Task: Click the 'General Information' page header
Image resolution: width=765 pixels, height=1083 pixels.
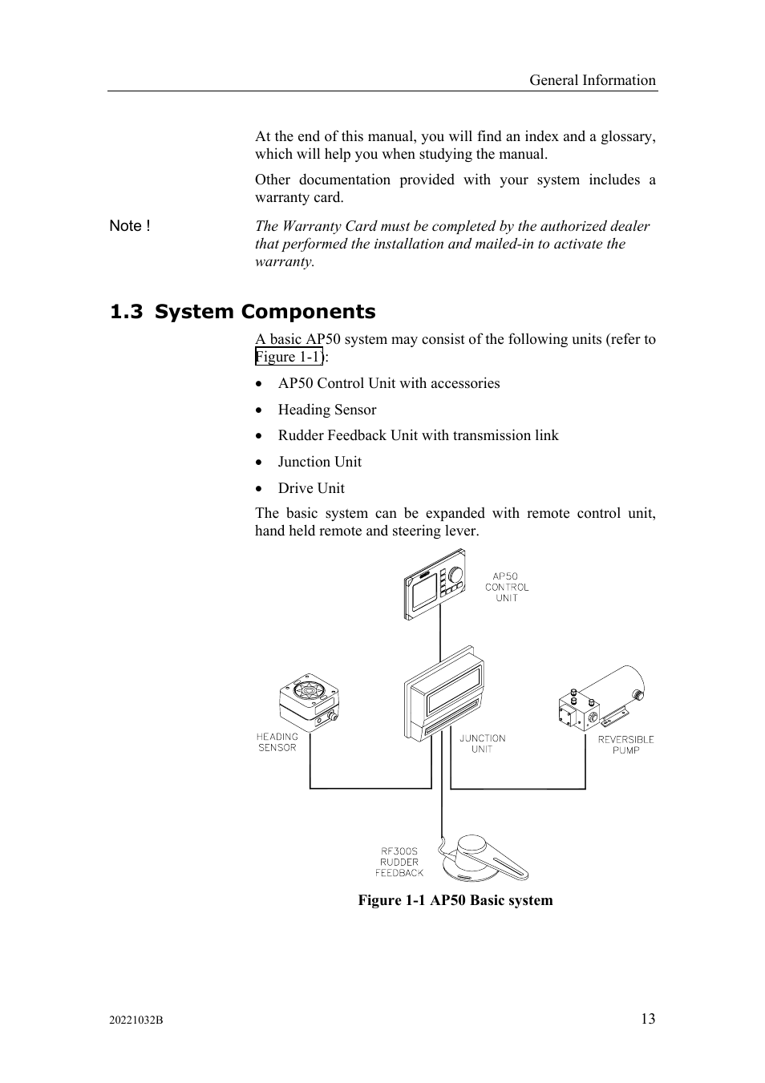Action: click(x=592, y=80)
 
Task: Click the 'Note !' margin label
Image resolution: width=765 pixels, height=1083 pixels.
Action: click(x=130, y=226)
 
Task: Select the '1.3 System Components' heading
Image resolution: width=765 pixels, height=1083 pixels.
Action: click(x=242, y=312)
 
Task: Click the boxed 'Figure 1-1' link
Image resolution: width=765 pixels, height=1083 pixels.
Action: click(x=289, y=358)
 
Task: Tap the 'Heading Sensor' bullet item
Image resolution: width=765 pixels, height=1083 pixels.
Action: click(x=326, y=410)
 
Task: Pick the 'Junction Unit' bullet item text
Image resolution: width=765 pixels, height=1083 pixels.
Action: click(x=319, y=462)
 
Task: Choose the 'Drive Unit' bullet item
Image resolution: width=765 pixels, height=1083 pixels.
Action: click(x=311, y=488)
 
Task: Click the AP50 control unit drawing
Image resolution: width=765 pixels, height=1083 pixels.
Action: click(x=435, y=584)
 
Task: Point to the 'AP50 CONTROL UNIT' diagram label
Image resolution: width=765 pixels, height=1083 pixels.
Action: click(x=507, y=587)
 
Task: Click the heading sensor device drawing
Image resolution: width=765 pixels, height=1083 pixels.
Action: click(x=309, y=701)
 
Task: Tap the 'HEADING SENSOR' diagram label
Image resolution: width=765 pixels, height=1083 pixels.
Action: click(x=277, y=742)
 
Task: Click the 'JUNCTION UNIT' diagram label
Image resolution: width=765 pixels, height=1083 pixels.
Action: click(x=482, y=744)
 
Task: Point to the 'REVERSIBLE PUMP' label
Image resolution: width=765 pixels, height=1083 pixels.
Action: click(x=625, y=745)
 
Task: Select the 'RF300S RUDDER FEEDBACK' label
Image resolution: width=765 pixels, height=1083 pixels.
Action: click(x=399, y=863)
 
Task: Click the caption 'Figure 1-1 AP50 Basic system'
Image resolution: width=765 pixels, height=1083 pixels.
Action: click(x=455, y=900)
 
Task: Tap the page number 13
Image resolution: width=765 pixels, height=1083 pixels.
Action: click(x=647, y=1019)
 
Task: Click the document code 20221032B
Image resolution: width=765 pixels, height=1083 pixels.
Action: click(x=136, y=1020)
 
